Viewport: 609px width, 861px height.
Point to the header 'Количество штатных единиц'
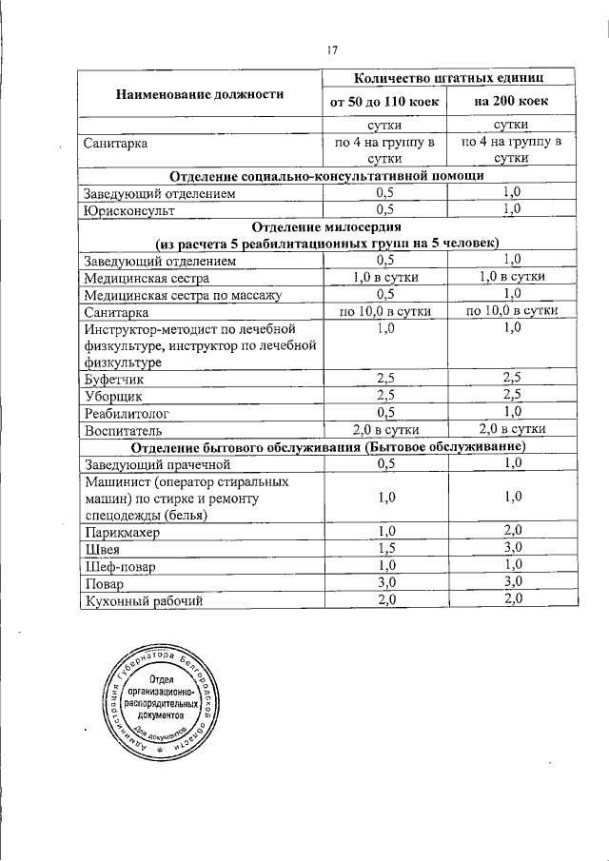[x=450, y=77]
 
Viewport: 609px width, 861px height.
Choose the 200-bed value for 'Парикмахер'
[x=514, y=531]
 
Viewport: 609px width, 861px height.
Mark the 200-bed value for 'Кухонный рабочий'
[x=514, y=599]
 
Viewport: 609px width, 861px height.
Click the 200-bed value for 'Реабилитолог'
[x=514, y=412]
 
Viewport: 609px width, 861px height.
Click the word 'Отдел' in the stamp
[x=159, y=678]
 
